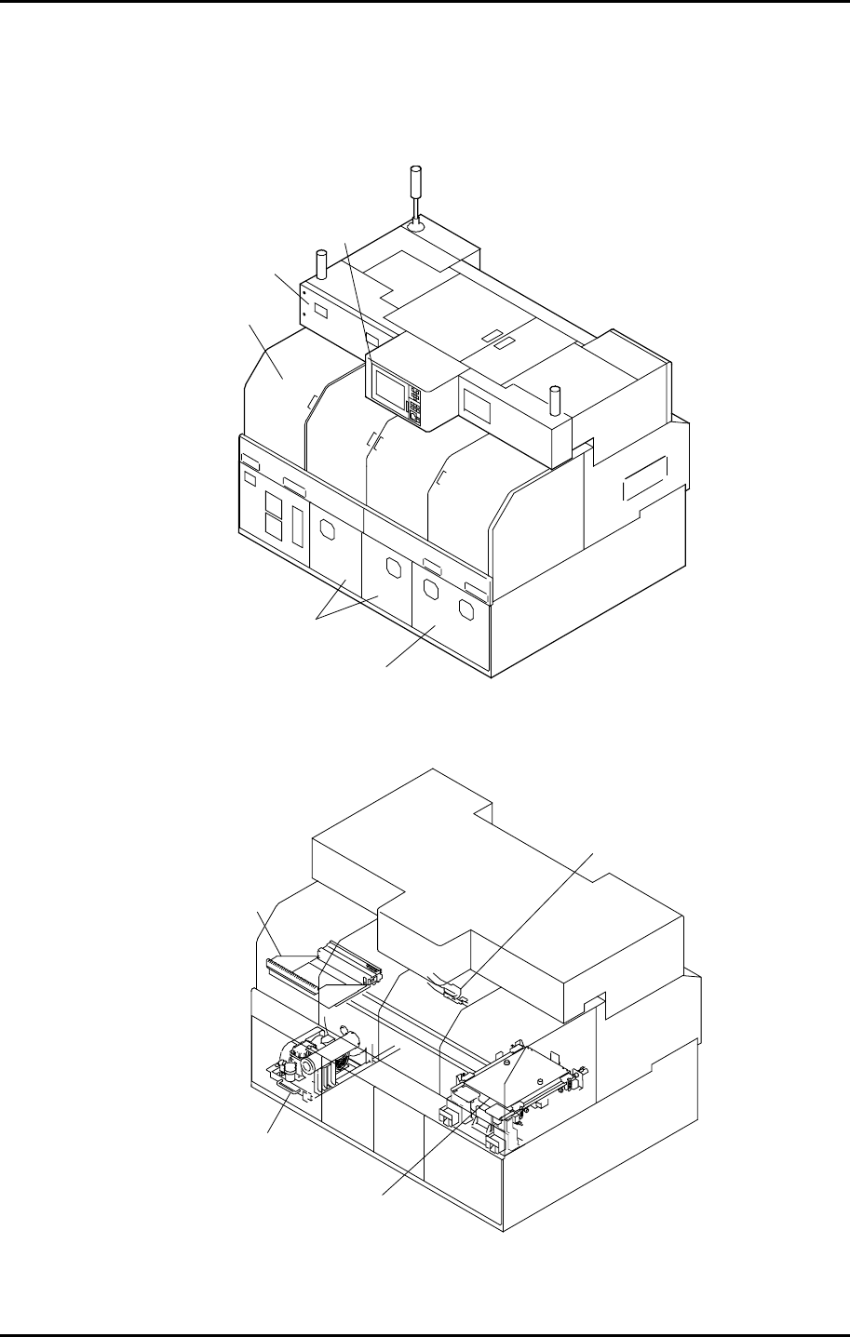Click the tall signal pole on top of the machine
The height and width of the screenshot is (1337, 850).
[x=415, y=191]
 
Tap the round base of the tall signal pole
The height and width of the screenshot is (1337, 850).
[x=415, y=224]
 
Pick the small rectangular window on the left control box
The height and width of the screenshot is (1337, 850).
[x=318, y=309]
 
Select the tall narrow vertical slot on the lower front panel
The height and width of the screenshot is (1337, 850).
[x=297, y=527]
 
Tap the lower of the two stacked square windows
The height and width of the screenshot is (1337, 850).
[x=275, y=527]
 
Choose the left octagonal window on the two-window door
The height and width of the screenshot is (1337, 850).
[x=430, y=590]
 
